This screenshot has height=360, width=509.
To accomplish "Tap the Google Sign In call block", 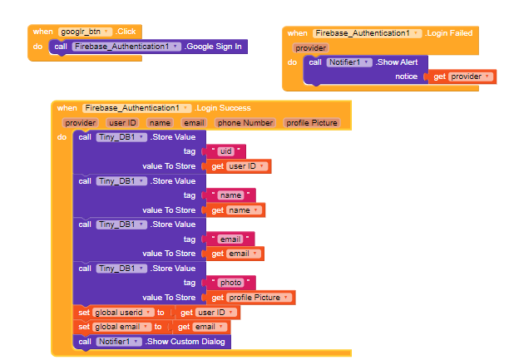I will (x=215, y=47).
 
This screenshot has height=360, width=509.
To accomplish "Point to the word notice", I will (x=407, y=76).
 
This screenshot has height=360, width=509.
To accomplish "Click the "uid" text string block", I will (x=228, y=151).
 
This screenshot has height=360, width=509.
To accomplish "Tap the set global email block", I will (x=116, y=327).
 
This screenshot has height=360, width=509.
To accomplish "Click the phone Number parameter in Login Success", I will (x=245, y=123).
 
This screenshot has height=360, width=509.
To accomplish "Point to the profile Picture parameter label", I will (x=312, y=123).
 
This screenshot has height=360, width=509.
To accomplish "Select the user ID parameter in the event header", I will (x=128, y=123).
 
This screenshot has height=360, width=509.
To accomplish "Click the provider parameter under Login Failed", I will (x=310, y=48).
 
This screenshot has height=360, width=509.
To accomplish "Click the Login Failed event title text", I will (x=449, y=33).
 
